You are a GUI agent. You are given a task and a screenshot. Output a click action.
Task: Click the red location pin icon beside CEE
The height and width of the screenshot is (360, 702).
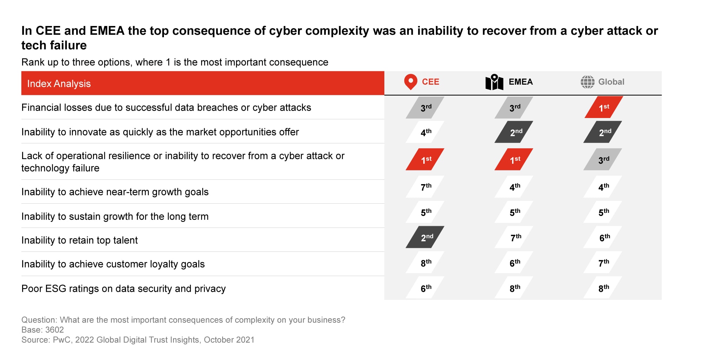410,82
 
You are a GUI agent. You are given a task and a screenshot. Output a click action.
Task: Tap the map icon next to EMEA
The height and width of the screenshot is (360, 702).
494,82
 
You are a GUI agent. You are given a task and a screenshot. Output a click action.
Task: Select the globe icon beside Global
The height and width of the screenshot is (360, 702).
587,82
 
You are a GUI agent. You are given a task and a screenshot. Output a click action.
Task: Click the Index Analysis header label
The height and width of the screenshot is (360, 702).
59,84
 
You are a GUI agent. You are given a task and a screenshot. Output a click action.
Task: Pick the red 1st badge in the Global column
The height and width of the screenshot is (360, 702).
604,107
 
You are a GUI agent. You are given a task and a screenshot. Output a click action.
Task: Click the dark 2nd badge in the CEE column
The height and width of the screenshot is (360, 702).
425,237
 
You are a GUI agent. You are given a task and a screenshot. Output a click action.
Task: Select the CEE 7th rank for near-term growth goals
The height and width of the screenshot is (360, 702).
425,187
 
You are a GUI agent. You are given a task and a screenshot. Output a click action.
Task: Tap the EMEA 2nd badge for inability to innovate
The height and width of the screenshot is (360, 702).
514,132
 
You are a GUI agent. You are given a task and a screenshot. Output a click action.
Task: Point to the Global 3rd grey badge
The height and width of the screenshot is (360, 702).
603,160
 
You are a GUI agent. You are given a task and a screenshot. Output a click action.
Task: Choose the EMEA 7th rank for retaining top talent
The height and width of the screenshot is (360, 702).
515,237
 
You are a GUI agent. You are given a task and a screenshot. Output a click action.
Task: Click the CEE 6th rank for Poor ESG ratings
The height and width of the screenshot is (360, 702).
425,288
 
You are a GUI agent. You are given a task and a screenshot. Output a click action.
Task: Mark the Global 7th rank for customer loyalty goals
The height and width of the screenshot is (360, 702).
603,263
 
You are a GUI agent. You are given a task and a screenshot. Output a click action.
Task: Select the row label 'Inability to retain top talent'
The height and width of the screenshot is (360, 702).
79,240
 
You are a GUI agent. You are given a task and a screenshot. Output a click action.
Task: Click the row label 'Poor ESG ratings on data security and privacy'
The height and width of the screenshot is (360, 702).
123,289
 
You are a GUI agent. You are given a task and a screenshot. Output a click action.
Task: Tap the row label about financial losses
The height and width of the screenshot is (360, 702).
166,107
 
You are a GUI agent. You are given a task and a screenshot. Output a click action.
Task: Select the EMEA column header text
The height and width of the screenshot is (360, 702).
521,82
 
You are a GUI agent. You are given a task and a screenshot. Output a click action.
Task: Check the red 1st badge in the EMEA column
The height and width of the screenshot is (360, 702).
514,160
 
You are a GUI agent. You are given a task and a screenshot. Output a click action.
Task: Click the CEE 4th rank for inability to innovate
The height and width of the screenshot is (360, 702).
425,132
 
